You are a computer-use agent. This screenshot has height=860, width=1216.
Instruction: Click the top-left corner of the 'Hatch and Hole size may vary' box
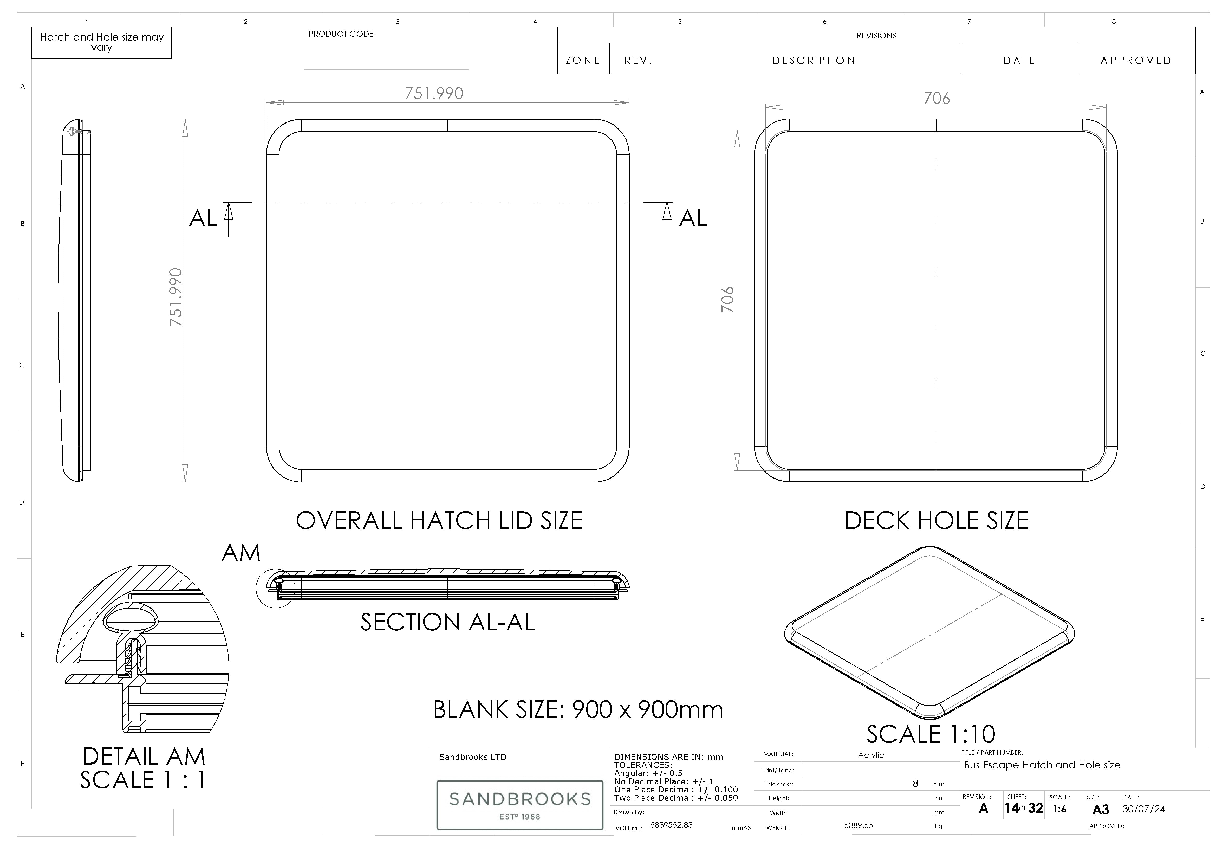pyautogui.click(x=32, y=27)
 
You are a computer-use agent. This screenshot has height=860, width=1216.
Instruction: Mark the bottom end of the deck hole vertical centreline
pyautogui.click(x=936, y=470)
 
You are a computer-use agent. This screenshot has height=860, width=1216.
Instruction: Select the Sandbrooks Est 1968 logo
pyautogui.click(x=519, y=804)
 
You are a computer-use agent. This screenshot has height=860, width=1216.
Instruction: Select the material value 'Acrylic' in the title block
pyautogui.click(x=871, y=755)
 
